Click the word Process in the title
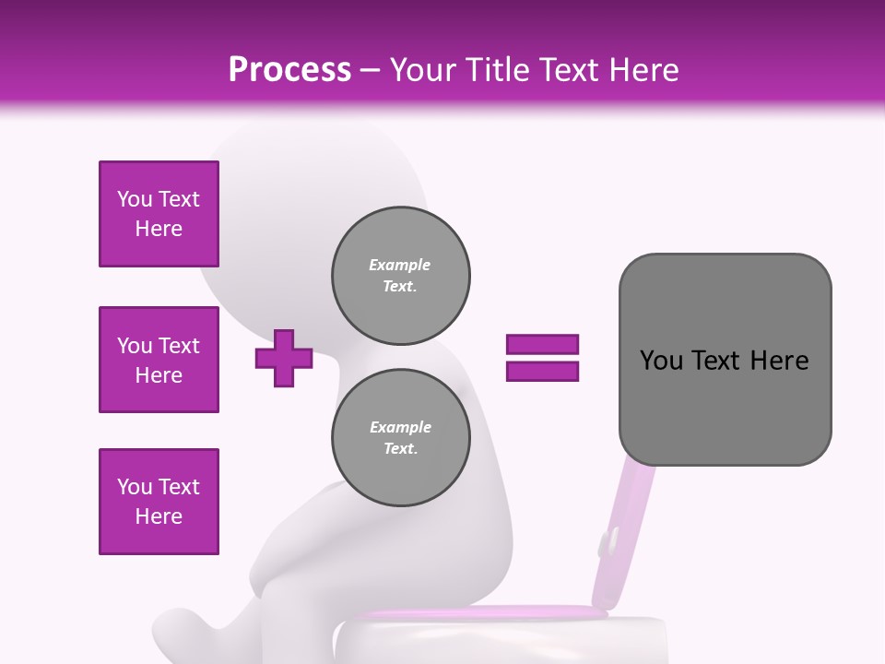pyautogui.click(x=289, y=70)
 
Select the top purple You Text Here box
pyautogui.click(x=159, y=214)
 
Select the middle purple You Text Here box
pyautogui.click(x=159, y=360)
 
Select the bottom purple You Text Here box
pyautogui.click(x=159, y=502)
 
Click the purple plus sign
pyautogui.click(x=284, y=358)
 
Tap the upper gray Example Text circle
pyautogui.click(x=401, y=276)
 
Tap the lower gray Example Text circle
pyautogui.click(x=401, y=438)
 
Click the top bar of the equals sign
pyautogui.click(x=542, y=345)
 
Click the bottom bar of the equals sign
pyautogui.click(x=542, y=371)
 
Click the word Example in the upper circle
pyautogui.click(x=400, y=265)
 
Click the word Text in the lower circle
pyautogui.click(x=400, y=449)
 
